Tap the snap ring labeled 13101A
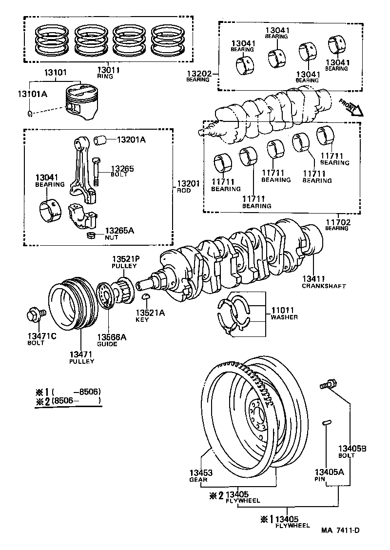click(30, 115)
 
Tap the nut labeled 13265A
click(90, 236)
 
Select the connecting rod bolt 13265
click(96, 171)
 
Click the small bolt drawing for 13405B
click(326, 385)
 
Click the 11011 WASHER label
click(284, 313)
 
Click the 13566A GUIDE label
click(110, 340)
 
